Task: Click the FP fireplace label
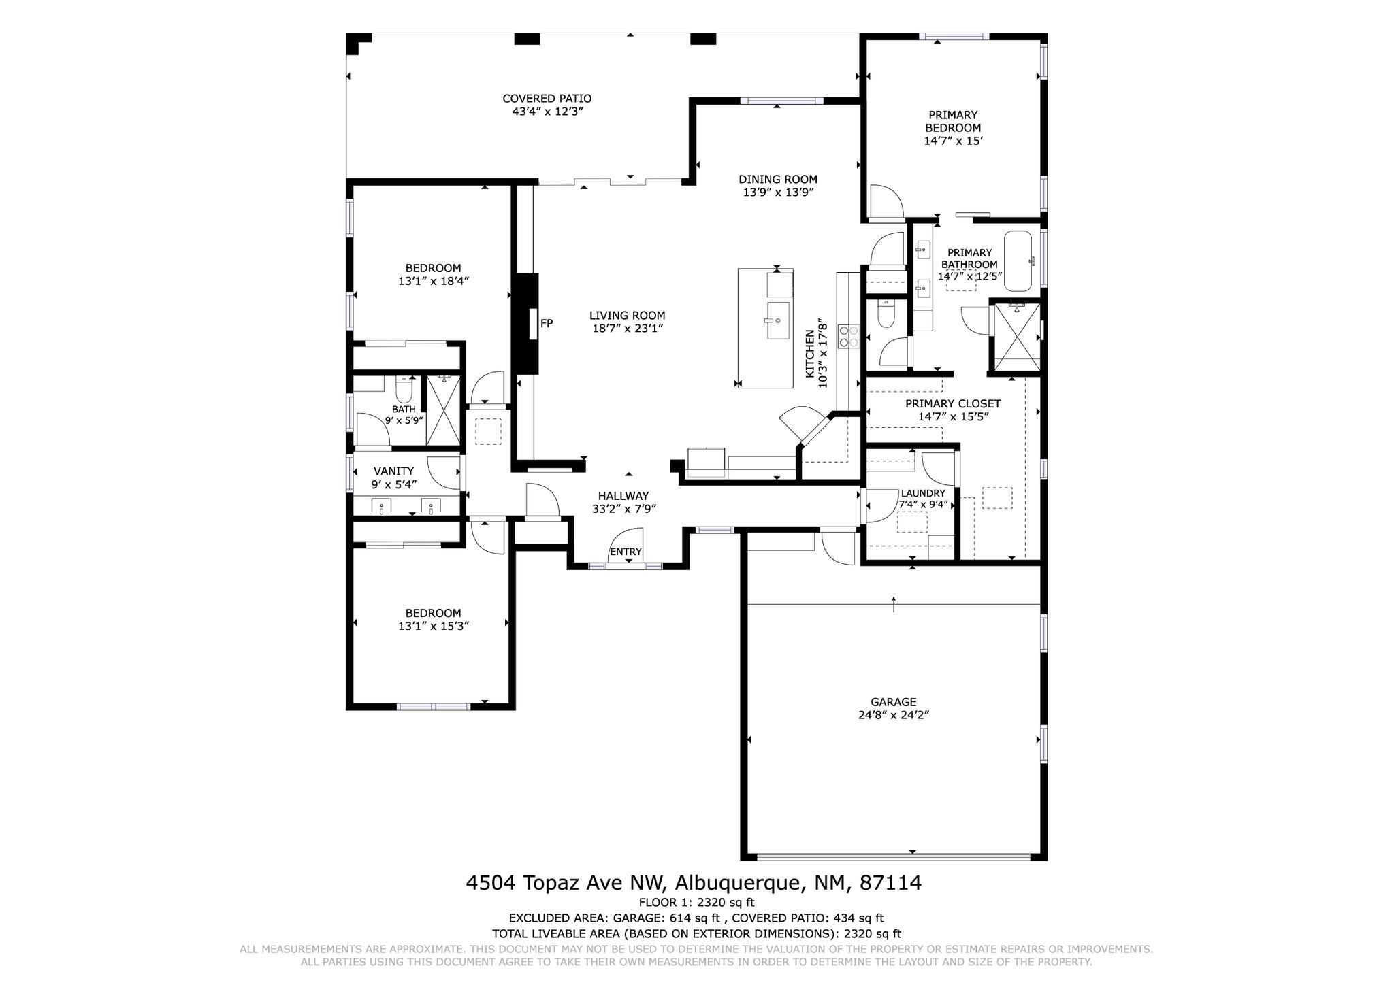547,324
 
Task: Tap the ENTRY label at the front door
626,552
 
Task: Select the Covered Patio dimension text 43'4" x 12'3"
548,112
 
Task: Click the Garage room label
893,702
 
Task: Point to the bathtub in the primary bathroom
1020,261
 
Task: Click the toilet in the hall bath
404,389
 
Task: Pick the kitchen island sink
778,320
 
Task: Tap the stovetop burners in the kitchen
849,336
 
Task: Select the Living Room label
627,316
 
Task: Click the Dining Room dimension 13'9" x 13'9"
778,193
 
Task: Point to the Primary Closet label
953,404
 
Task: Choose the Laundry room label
923,493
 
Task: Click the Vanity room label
393,471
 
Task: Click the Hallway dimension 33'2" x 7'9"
623,509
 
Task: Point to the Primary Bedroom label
953,121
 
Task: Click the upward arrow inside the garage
894,603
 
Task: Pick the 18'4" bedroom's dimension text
434,281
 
